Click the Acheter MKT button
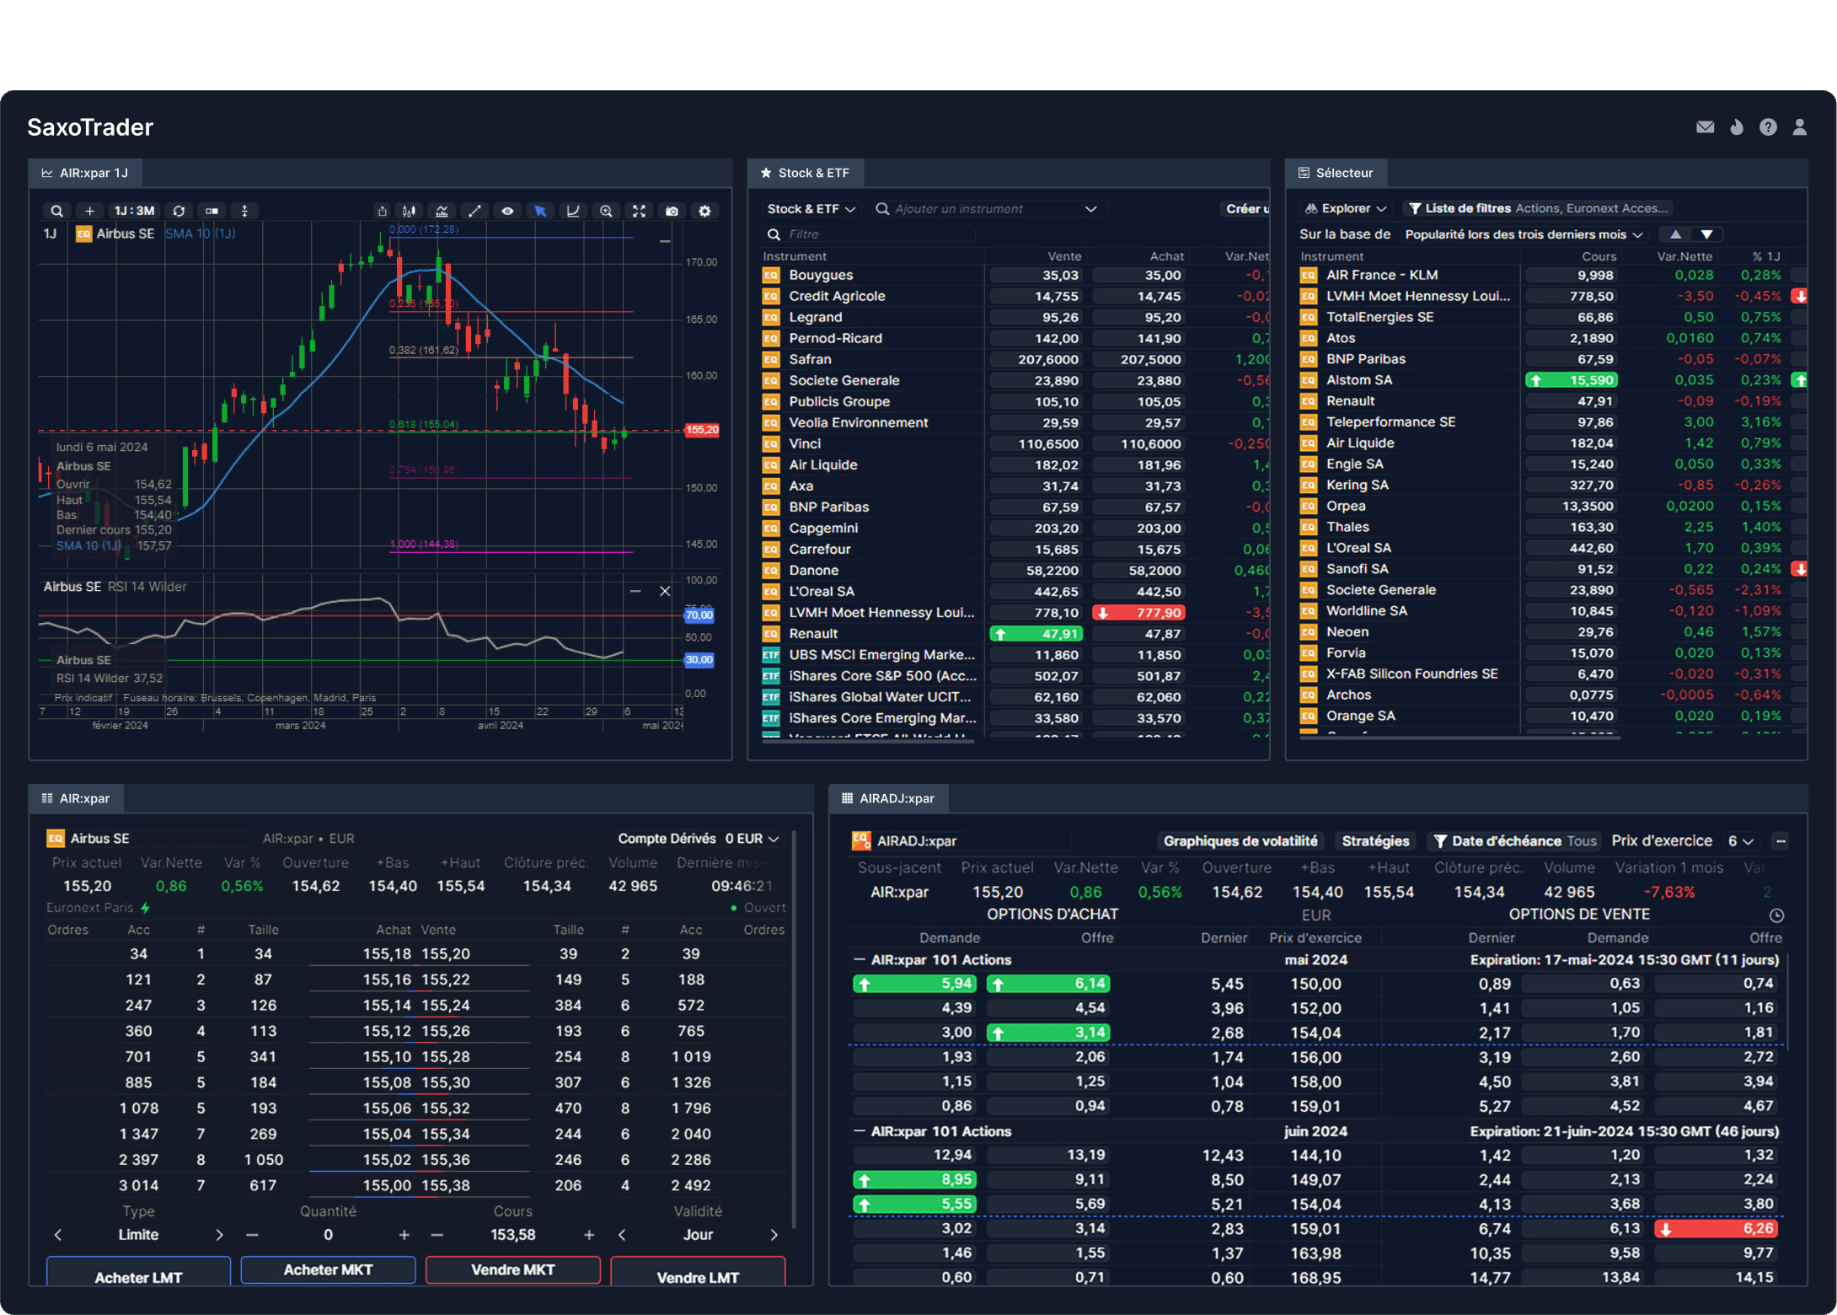(328, 1269)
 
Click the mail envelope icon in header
(1705, 127)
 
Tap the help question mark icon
(1768, 127)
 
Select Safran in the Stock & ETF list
(810, 359)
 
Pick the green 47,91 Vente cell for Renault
(1036, 634)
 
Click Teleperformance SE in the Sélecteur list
(1390, 422)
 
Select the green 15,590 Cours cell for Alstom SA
(1572, 380)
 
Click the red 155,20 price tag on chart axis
(701, 430)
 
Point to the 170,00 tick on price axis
(701, 262)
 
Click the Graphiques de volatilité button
(1240, 841)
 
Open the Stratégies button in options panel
(1374, 841)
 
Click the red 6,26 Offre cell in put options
(1716, 1229)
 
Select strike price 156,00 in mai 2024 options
(1315, 1057)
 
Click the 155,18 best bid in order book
(387, 954)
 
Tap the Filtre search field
(868, 234)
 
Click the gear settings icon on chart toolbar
(705, 211)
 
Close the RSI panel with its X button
(665, 591)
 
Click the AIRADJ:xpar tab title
(897, 798)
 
